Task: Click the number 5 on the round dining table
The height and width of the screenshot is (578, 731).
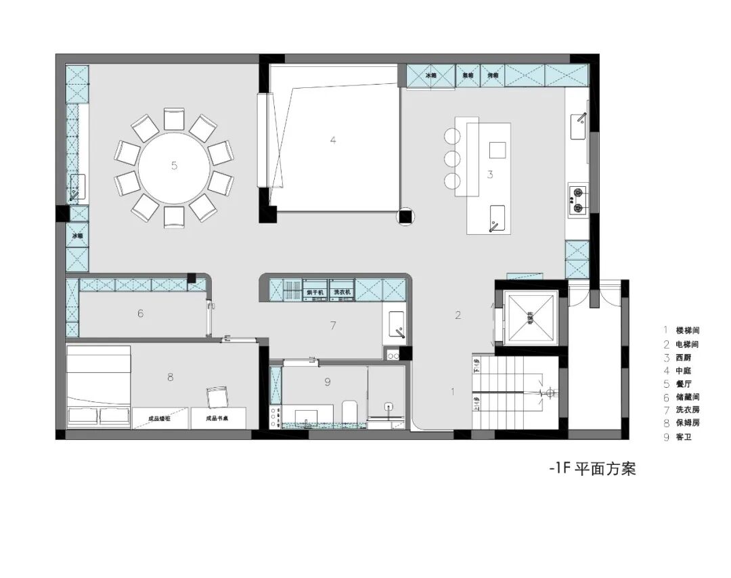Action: click(174, 165)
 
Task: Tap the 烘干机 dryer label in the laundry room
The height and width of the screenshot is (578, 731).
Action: click(315, 292)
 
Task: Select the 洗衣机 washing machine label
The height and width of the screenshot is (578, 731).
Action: click(341, 292)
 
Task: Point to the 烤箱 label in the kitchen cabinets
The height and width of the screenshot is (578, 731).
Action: click(493, 76)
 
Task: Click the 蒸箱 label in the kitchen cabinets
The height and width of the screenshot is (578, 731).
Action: click(468, 76)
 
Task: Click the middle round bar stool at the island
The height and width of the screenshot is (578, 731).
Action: click(451, 158)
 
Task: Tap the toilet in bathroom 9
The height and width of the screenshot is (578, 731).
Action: click(350, 411)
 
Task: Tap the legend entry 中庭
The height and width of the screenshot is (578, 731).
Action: click(684, 371)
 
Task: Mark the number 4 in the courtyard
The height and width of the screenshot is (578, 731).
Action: click(332, 141)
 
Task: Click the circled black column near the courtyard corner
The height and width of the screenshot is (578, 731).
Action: click(405, 217)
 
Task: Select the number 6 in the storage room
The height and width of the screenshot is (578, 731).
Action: click(140, 313)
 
